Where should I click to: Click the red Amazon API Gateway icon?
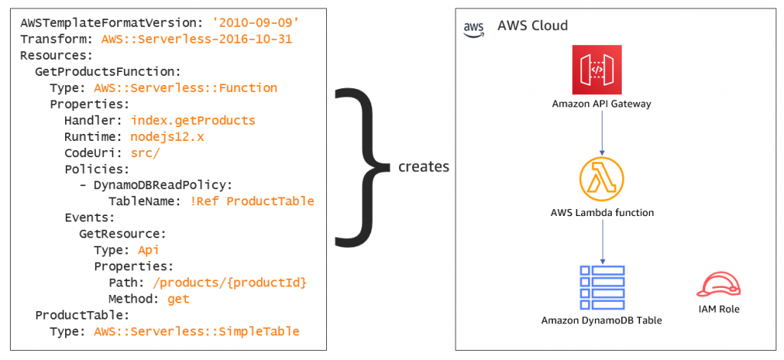[x=596, y=70]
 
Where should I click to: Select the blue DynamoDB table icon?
[x=602, y=286]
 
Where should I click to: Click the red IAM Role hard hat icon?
[x=719, y=284]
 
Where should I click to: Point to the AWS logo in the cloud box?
[x=475, y=28]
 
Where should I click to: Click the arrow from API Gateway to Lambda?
[x=602, y=134]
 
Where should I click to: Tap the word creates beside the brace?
[x=424, y=166]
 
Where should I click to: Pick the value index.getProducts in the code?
[x=193, y=120]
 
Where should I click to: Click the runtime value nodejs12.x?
[x=168, y=136]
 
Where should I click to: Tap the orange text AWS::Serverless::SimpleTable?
[x=196, y=331]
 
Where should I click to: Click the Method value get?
[x=178, y=299]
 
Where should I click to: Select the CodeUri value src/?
[x=145, y=152]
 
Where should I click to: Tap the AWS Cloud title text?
[x=532, y=26]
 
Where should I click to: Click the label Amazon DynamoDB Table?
[x=601, y=320]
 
